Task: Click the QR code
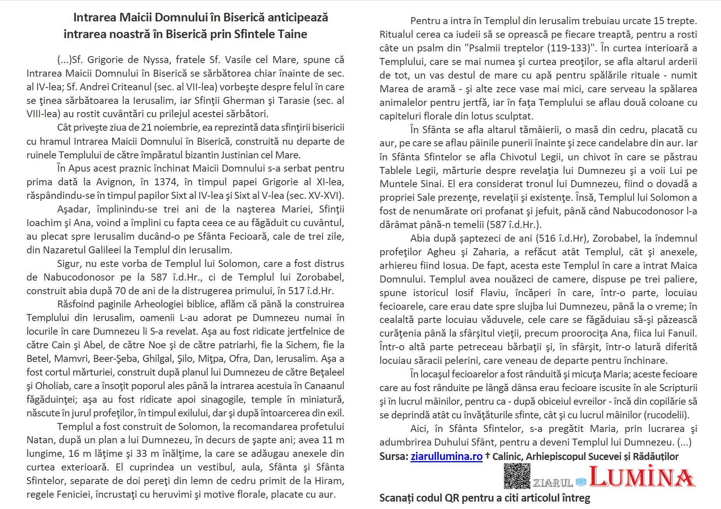point(517,476)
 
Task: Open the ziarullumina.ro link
point(446,456)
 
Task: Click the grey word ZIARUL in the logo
point(552,483)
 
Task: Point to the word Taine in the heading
point(293,34)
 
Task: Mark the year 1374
point(166,182)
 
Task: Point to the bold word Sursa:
point(393,456)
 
